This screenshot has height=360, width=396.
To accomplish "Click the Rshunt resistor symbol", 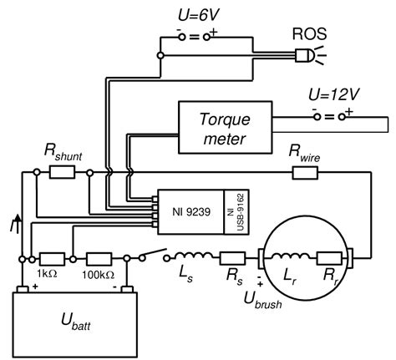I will point(62,172).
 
